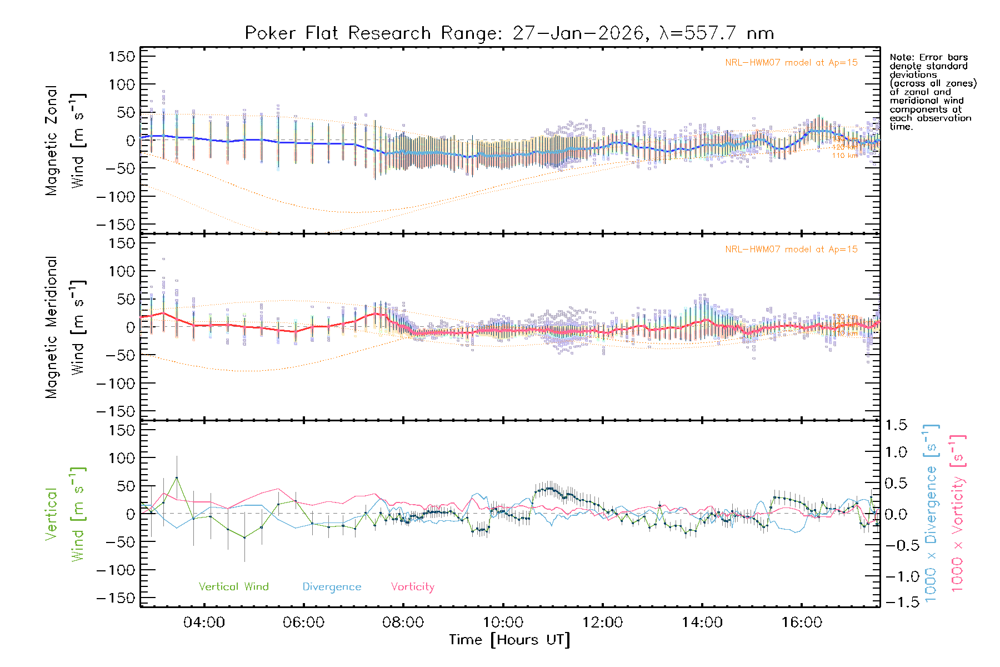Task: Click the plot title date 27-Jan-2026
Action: pos(578,33)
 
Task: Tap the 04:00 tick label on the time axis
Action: pos(204,623)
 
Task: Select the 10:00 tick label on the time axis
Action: pos(503,623)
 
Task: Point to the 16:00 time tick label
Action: pos(802,623)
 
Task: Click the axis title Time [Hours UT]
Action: pos(509,640)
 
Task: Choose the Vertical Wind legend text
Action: pos(233,587)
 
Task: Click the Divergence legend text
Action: pos(332,587)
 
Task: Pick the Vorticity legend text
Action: pos(412,587)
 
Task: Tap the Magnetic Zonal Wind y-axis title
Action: pos(66,141)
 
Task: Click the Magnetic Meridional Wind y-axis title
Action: pos(66,327)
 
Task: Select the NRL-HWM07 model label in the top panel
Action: pos(791,63)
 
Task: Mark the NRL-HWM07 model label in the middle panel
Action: pos(791,250)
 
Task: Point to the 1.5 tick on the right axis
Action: pos(896,425)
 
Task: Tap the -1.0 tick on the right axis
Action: pos(896,576)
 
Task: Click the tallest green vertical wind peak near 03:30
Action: pos(177,477)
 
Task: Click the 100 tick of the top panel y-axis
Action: pos(122,84)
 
